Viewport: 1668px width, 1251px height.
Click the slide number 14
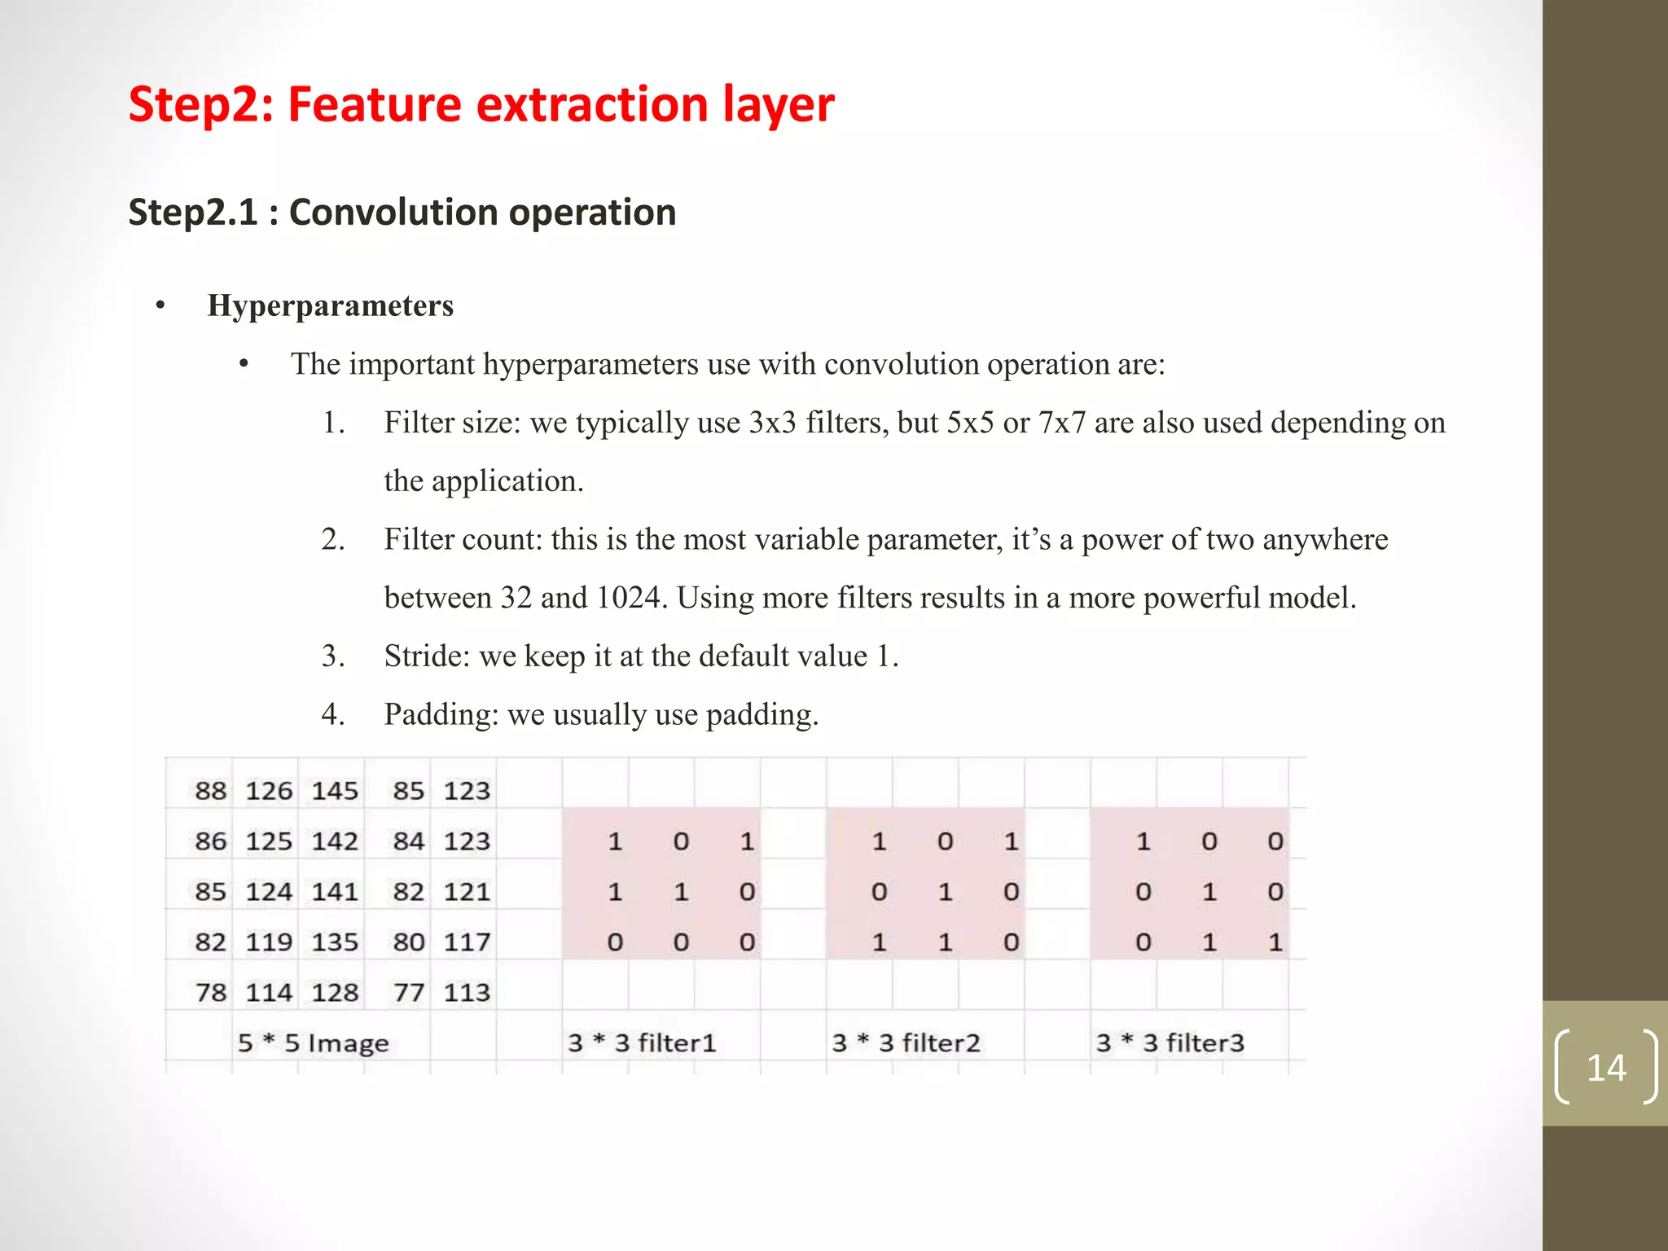point(1605,1067)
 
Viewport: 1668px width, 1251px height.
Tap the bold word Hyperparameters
point(330,305)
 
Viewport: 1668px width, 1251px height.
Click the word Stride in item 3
point(423,656)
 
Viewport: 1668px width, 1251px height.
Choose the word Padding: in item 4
point(441,714)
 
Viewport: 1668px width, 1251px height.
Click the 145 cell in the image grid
point(334,790)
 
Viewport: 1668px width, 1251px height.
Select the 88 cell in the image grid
point(210,790)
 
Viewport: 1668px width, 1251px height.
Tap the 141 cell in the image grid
point(334,891)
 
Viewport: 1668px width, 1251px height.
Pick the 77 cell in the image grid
point(408,992)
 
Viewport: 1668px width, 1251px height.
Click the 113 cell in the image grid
point(467,992)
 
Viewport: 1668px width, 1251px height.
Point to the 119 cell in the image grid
point(269,942)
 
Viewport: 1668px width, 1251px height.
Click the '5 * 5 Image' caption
point(314,1042)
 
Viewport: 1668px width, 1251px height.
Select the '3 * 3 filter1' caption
point(642,1042)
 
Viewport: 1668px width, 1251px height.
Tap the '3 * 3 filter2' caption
point(906,1042)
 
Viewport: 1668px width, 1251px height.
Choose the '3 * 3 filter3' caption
point(1170,1042)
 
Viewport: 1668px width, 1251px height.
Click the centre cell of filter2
point(945,892)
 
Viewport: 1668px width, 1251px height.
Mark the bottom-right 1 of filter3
point(1275,942)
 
